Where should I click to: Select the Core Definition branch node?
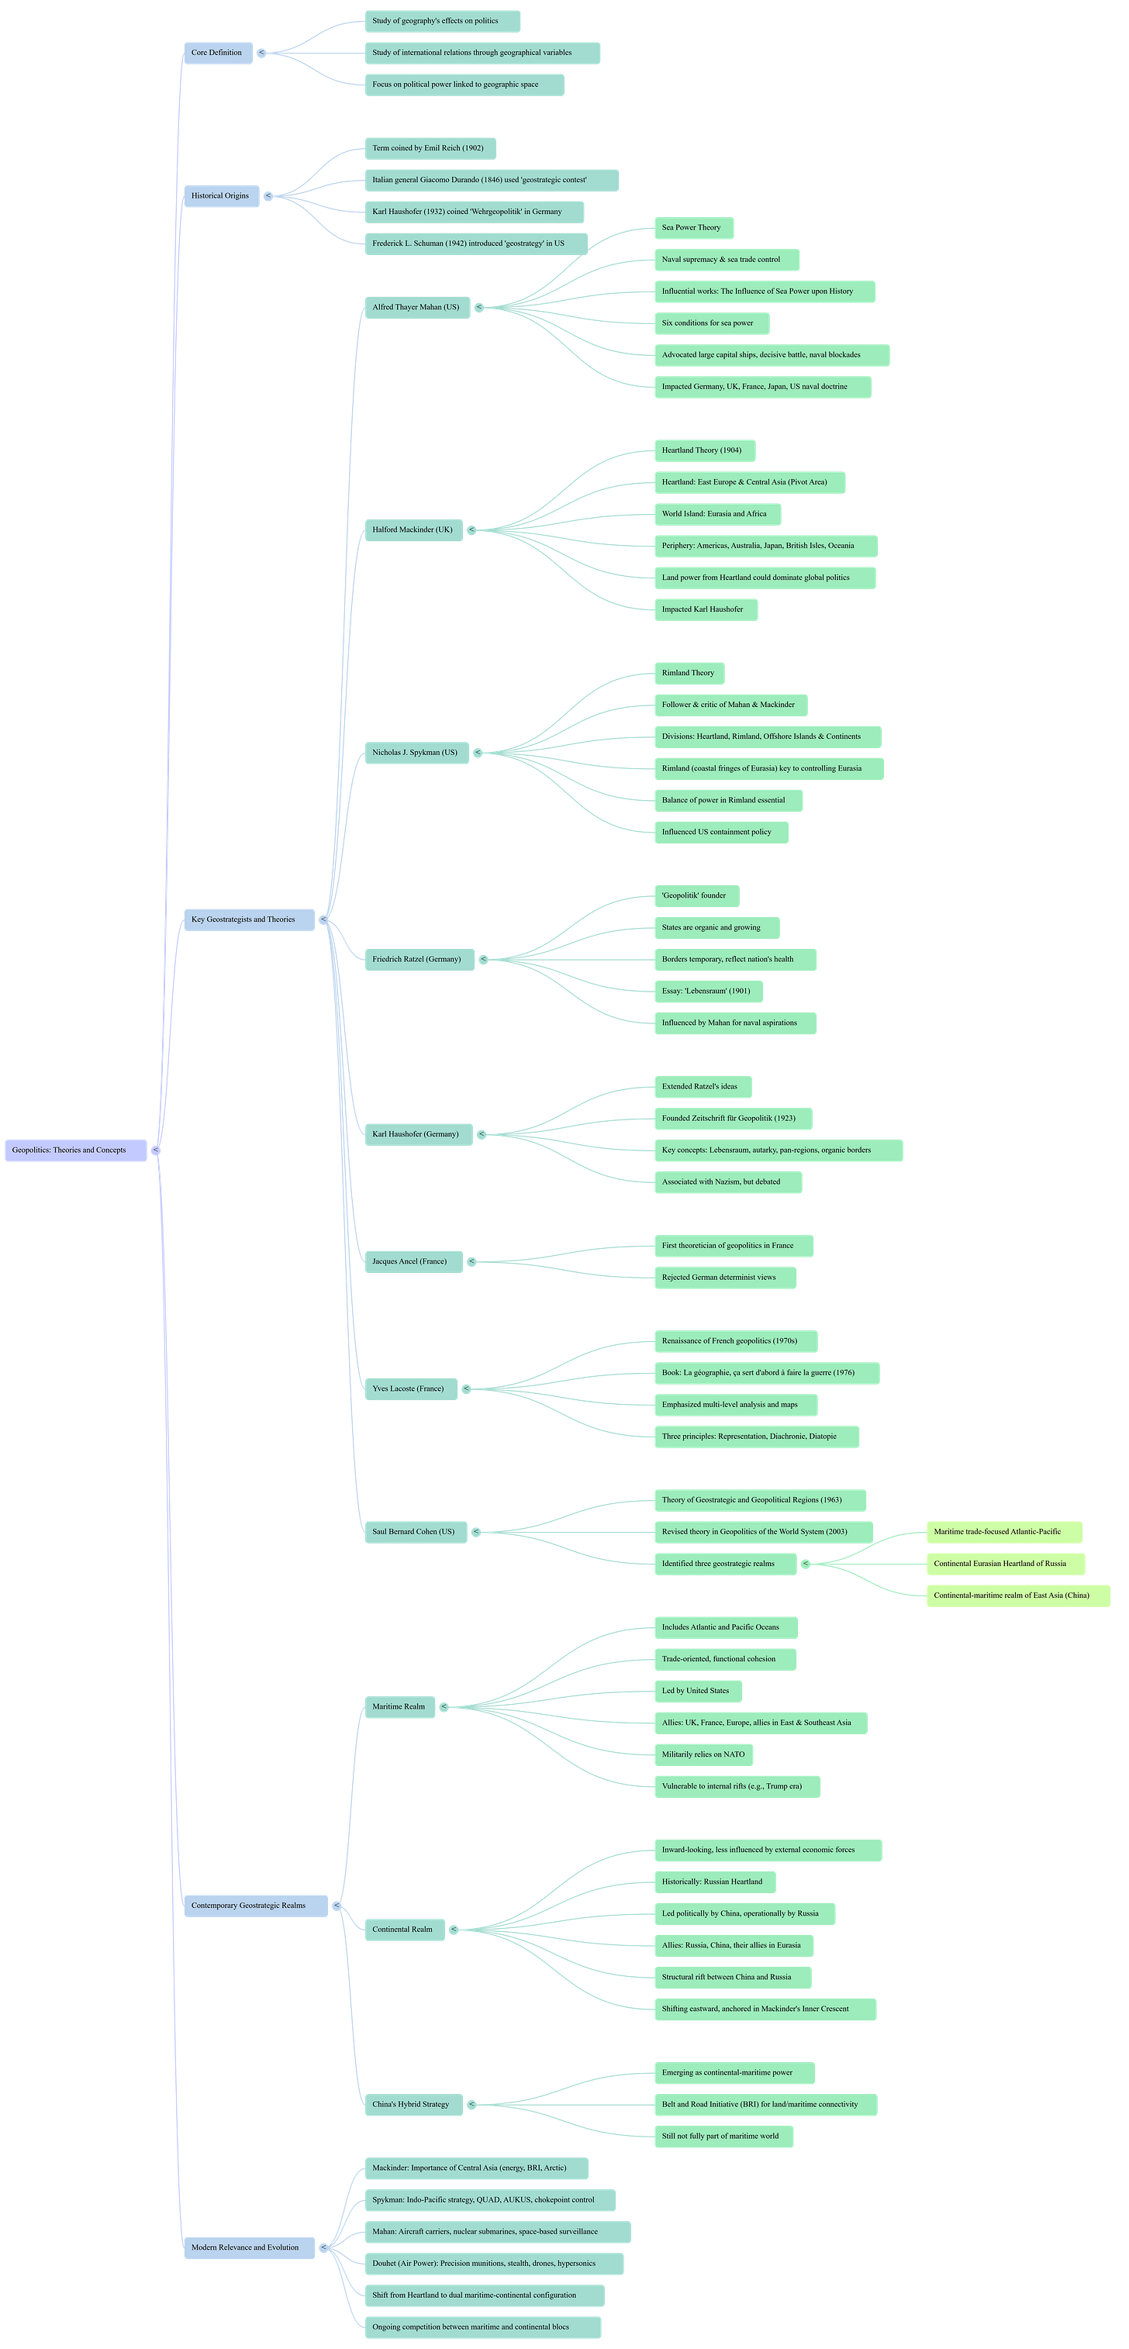[217, 53]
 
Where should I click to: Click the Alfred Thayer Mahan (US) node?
[416, 307]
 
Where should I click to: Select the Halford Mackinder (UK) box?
[413, 529]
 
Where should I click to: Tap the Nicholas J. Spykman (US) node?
[416, 752]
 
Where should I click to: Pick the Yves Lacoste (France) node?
[409, 1388]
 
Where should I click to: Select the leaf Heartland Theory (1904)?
[703, 450]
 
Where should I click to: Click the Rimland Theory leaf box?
[689, 673]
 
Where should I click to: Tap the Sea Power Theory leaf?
[692, 228]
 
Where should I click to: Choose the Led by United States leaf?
[697, 1691]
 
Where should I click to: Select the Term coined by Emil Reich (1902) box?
[430, 149]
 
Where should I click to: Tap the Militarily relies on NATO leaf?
[703, 1754]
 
